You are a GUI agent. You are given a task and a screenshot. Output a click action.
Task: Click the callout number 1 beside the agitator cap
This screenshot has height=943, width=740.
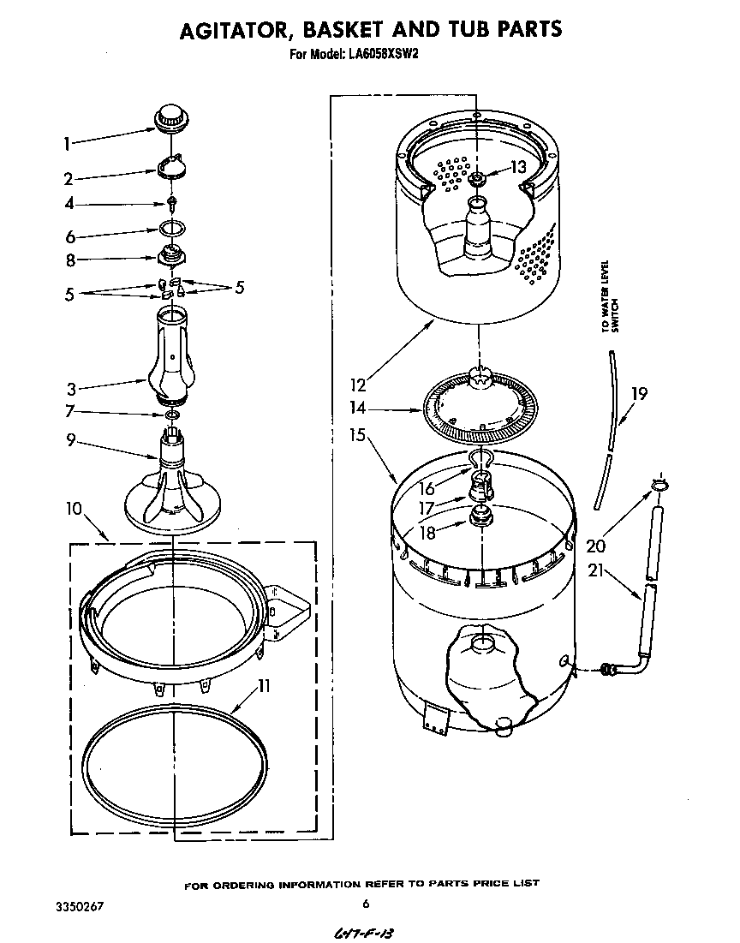tap(68, 144)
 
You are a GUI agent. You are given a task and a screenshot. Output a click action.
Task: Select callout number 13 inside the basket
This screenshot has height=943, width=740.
tap(517, 168)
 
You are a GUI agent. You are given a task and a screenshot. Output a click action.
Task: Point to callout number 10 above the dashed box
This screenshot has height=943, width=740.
tap(73, 509)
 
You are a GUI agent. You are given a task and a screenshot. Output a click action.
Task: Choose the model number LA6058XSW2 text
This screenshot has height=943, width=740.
tap(384, 54)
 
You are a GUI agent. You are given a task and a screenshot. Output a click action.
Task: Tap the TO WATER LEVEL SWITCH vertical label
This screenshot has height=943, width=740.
tap(608, 295)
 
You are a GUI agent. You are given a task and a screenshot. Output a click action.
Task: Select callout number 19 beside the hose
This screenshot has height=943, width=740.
tap(638, 394)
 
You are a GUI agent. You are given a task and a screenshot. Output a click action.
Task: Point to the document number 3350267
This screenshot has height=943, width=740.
tap(79, 905)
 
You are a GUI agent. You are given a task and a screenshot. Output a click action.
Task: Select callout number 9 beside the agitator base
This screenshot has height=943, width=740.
tap(70, 440)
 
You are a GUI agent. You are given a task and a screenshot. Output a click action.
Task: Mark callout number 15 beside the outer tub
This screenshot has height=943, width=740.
tap(357, 435)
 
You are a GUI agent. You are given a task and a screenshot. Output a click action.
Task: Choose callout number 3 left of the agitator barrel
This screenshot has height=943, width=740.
tap(72, 388)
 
